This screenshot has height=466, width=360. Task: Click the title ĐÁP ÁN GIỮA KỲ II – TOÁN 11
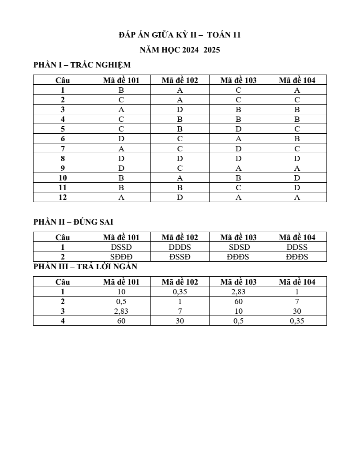pyautogui.click(x=180, y=35)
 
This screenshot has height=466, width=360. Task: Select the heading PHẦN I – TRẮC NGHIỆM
pyautogui.click(x=82, y=65)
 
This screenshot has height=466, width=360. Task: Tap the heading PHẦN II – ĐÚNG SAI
pyautogui.click(x=73, y=222)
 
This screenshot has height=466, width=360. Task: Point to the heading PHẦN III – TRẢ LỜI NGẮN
pyautogui.click(x=86, y=267)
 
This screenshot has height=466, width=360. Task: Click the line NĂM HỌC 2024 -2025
pyautogui.click(x=180, y=50)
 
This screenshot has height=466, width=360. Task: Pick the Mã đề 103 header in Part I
pyautogui.click(x=238, y=80)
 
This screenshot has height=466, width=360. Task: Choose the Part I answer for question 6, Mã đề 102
pyautogui.click(x=180, y=139)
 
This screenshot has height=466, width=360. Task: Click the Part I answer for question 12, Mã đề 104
pyautogui.click(x=297, y=198)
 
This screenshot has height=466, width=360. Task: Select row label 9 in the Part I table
pyautogui.click(x=63, y=168)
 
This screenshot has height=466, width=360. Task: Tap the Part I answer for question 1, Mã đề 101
pyautogui.click(x=121, y=90)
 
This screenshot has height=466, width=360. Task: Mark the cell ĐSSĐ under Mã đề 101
pyautogui.click(x=121, y=247)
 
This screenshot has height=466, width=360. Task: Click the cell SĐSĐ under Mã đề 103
pyautogui.click(x=238, y=247)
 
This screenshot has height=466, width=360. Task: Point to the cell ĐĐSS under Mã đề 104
pyautogui.click(x=297, y=247)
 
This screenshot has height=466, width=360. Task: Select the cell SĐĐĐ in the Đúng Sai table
pyautogui.click(x=121, y=257)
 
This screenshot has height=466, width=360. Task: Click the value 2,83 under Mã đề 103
pyautogui.click(x=238, y=292)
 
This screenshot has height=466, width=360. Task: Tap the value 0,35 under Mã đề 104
pyautogui.click(x=297, y=321)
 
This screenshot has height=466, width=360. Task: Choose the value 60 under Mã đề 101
pyautogui.click(x=121, y=321)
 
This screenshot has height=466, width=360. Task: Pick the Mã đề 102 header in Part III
pyautogui.click(x=180, y=282)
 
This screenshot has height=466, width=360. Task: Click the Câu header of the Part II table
pyautogui.click(x=63, y=237)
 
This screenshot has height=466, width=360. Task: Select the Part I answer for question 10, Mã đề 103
pyautogui.click(x=238, y=178)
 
